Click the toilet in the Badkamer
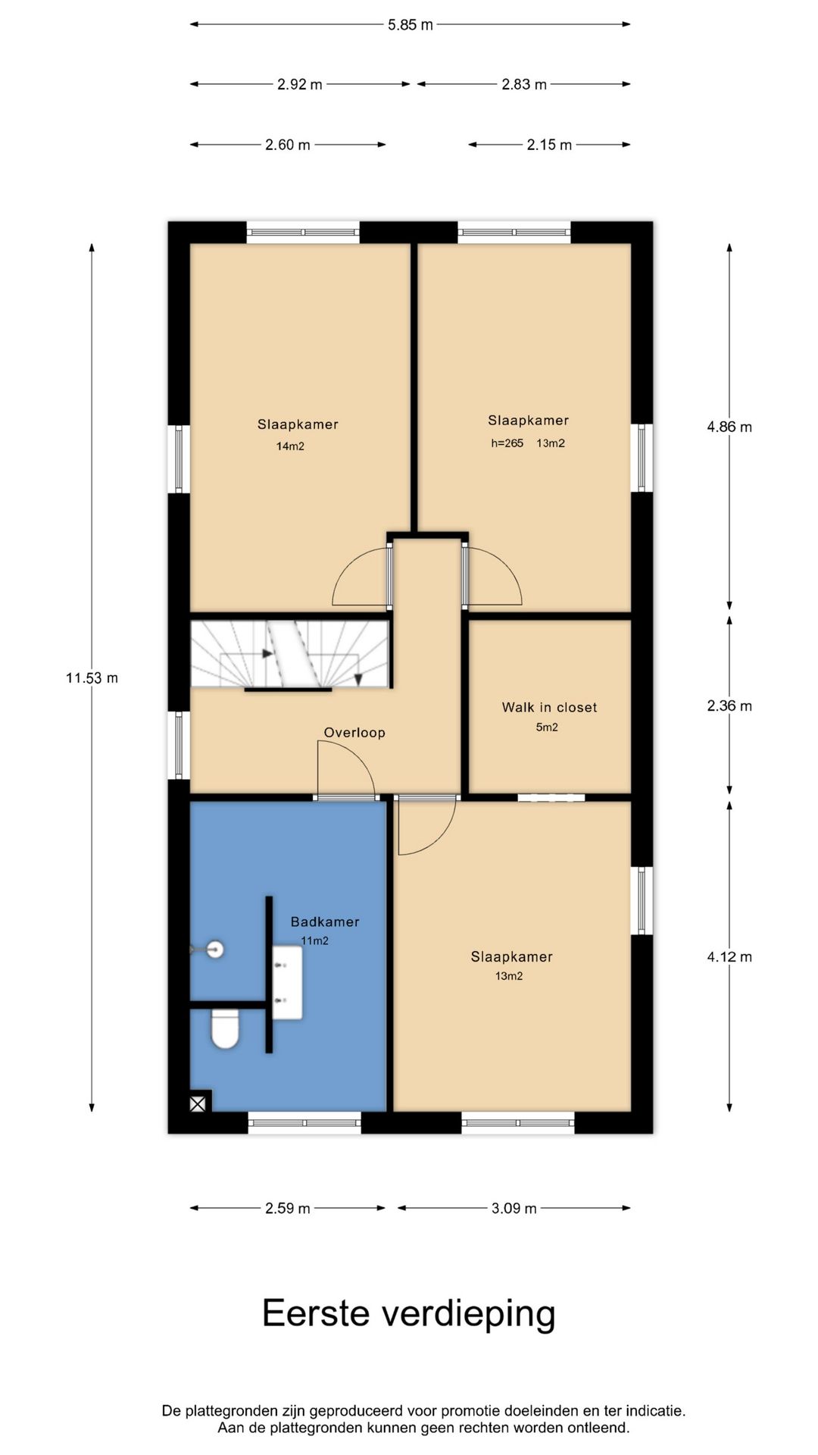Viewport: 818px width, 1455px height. click(x=225, y=1028)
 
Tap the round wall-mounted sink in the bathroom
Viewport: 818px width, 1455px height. click(x=215, y=949)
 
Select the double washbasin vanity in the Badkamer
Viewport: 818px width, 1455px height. click(x=288, y=982)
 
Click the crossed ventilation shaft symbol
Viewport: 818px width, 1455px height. click(x=198, y=1104)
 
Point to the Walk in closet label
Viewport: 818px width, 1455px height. click(x=549, y=707)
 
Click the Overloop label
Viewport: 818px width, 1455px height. click(x=354, y=732)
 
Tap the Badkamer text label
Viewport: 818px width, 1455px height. click(x=325, y=921)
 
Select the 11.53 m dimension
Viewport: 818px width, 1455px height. click(x=92, y=677)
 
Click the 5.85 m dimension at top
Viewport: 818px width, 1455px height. click(x=411, y=24)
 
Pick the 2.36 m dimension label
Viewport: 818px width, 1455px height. click(x=729, y=706)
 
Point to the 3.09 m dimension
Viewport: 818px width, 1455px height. click(x=514, y=1208)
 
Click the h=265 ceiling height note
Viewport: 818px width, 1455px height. click(x=507, y=443)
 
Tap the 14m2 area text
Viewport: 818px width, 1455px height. click(x=290, y=446)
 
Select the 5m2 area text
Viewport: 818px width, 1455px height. click(x=547, y=727)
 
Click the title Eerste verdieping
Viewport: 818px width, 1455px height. click(x=409, y=1313)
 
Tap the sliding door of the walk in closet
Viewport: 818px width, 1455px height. click(x=551, y=797)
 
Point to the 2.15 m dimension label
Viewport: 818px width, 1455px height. click(x=549, y=145)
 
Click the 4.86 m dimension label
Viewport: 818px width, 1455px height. click(x=729, y=427)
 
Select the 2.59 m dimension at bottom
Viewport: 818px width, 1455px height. click(x=288, y=1208)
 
